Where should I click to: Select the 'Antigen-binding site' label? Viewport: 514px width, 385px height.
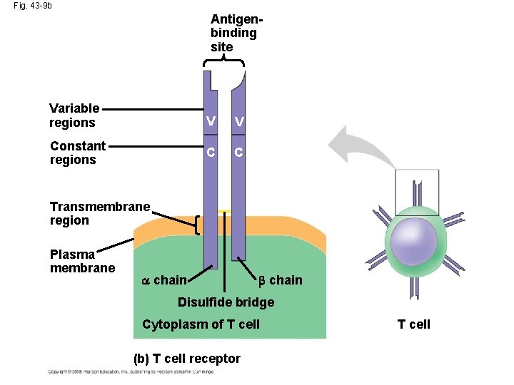tap(233, 32)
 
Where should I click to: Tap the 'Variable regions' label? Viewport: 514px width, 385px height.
tap(74, 115)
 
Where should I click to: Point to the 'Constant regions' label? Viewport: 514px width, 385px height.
tap(77, 153)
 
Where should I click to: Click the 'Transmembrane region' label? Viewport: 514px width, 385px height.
tap(99, 213)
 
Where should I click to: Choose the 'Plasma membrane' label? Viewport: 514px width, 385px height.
tap(82, 261)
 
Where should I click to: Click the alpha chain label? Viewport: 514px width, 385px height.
tap(164, 280)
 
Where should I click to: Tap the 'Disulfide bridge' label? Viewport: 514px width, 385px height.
tap(226, 302)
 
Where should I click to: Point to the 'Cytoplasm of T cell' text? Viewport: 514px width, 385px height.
tap(201, 324)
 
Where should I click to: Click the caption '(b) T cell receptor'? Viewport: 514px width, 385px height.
tap(187, 359)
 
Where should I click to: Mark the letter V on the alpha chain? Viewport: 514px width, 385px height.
tap(210, 122)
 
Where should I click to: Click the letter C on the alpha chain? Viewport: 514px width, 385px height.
tap(210, 153)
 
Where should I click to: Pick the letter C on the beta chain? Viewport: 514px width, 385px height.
tap(238, 153)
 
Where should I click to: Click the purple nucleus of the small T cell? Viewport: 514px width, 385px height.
tap(413, 242)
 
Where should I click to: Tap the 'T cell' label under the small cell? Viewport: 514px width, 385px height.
tap(414, 324)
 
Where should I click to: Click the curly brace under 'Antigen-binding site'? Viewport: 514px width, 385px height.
tap(223, 63)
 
